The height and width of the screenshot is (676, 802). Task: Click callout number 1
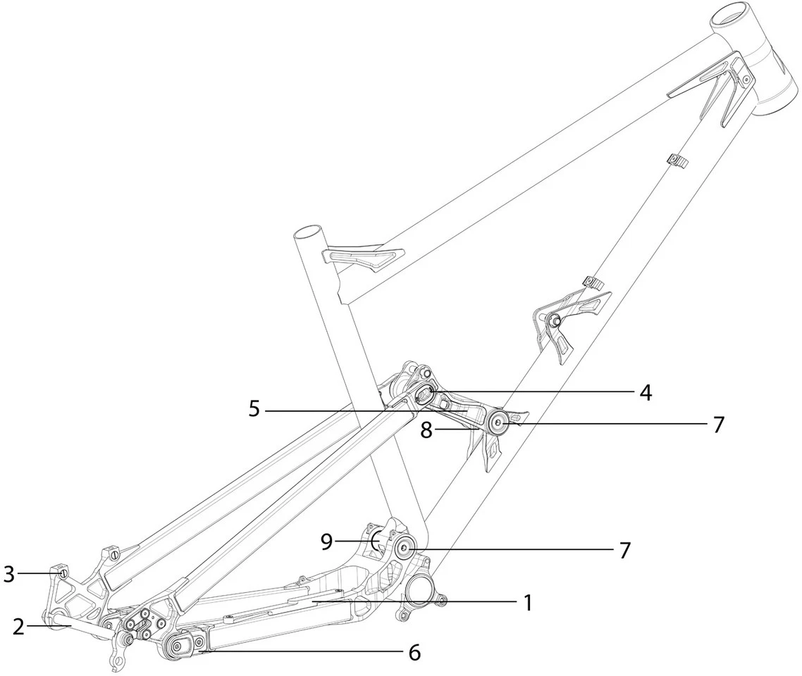click(526, 602)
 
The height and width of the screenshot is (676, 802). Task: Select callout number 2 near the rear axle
click(18, 626)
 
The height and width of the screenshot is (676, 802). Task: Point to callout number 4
click(644, 393)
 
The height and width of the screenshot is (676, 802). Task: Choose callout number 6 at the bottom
click(414, 653)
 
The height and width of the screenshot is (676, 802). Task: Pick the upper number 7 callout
click(717, 425)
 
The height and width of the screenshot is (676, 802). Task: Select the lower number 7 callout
click(624, 550)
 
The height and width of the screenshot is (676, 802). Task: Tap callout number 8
click(427, 430)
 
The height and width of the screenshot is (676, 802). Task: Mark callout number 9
click(326, 542)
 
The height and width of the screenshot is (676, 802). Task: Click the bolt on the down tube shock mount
click(555, 322)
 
